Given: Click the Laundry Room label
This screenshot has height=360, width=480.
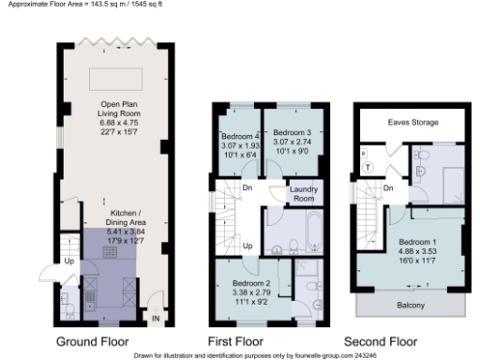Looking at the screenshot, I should coord(304,194).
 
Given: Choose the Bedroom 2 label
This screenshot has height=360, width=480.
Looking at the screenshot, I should coord(251,282).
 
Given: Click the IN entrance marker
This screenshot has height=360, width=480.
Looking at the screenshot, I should coord(157,320).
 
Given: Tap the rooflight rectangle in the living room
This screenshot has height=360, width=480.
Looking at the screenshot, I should coord(116,77).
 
